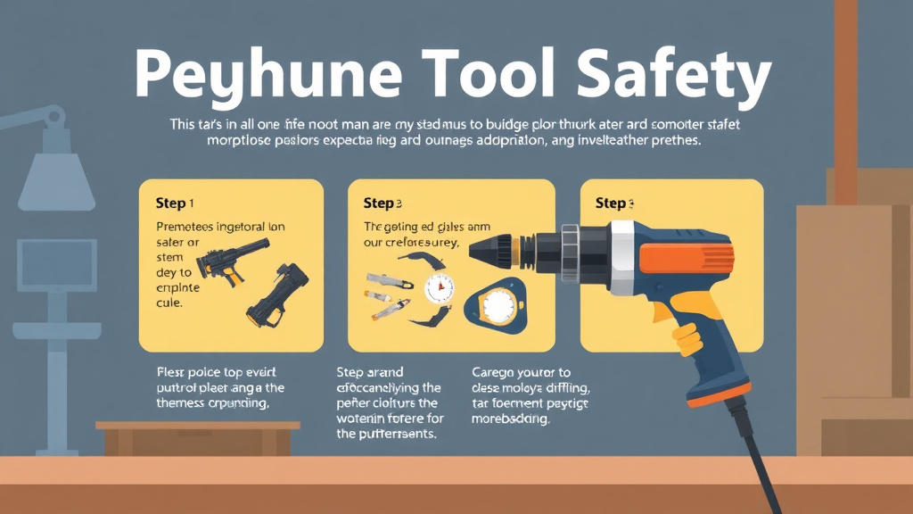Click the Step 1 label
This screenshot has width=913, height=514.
(175, 203)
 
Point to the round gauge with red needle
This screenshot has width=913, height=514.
(439, 288)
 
